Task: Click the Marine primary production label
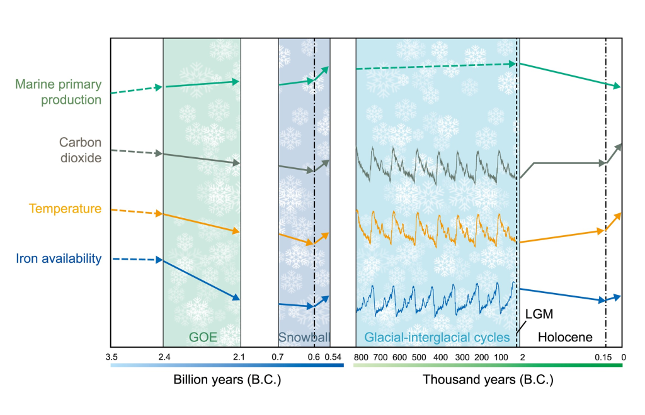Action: point(58,92)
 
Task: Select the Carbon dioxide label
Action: point(80,150)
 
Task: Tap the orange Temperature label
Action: point(66,209)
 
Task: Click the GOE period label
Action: point(203,337)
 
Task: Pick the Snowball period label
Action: point(304,337)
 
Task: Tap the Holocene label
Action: point(565,337)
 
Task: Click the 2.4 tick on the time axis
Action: point(163,357)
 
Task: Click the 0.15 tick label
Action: point(604,357)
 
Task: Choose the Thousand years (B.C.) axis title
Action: point(488,380)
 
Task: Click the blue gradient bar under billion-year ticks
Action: point(227,365)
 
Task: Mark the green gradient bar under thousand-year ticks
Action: point(488,365)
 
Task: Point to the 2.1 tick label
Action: point(241,357)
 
